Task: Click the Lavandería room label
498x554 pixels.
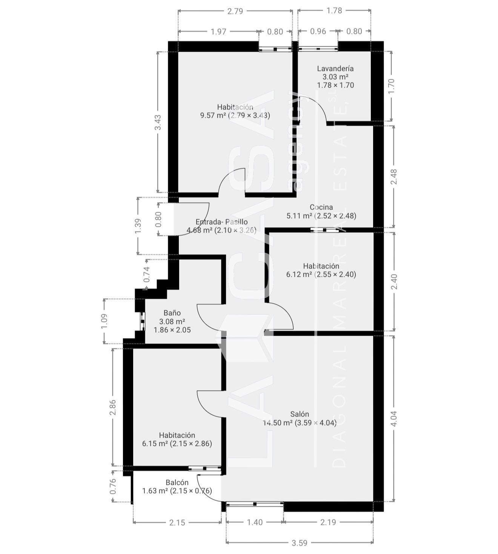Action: [x=335, y=68]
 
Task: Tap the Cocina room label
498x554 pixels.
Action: [x=321, y=207]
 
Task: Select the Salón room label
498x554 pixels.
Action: [x=300, y=414]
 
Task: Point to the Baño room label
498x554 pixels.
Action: [x=172, y=313]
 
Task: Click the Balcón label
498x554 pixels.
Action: [x=177, y=483]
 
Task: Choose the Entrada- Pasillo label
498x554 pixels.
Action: [x=221, y=222]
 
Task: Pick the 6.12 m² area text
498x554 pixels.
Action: [x=299, y=275]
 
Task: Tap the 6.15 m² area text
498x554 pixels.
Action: [x=155, y=444]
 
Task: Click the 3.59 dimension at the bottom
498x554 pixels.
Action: [x=299, y=543]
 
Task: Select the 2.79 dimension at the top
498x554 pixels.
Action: [x=235, y=11]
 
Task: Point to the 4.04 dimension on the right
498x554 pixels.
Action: [x=393, y=418]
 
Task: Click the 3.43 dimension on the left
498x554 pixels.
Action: [x=158, y=122]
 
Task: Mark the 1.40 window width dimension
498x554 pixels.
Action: [x=255, y=522]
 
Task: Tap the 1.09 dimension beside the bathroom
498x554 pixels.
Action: [x=105, y=321]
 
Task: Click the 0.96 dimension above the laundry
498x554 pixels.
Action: [x=318, y=31]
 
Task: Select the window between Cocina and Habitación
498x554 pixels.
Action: [x=324, y=230]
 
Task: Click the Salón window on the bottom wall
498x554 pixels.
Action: [x=255, y=504]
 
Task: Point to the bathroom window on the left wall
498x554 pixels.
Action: [x=142, y=321]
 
